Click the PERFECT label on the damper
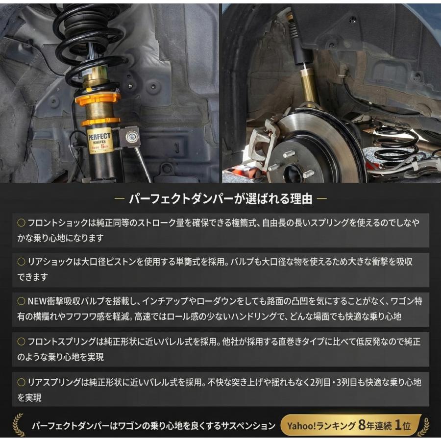(x=100, y=140)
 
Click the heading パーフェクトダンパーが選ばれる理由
(x=220, y=199)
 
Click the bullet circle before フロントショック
(x=21, y=222)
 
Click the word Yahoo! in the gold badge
(x=304, y=425)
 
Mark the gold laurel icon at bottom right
(x=423, y=425)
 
